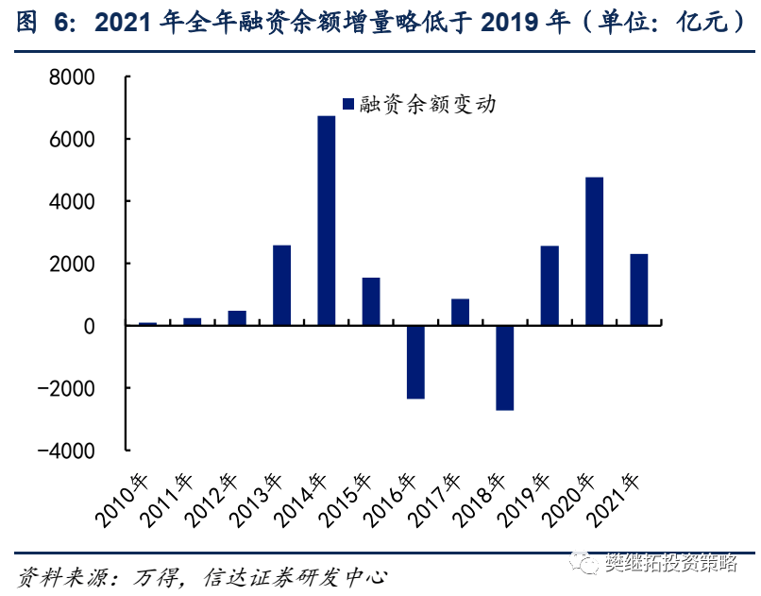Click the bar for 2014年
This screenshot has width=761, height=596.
click(x=326, y=220)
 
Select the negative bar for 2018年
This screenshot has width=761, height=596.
click(x=505, y=367)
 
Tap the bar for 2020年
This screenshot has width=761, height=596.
click(x=595, y=251)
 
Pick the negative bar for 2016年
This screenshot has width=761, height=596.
click(x=415, y=362)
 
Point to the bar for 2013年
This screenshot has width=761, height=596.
click(x=282, y=285)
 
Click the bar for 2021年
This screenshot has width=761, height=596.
click(x=639, y=290)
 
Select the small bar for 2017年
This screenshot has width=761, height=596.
click(x=460, y=312)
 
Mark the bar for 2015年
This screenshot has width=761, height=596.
click(x=371, y=301)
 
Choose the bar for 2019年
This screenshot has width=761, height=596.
click(x=550, y=285)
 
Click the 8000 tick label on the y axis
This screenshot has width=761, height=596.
click(x=72, y=77)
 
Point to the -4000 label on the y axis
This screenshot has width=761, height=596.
click(x=66, y=451)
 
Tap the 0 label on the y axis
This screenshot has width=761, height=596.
click(x=90, y=327)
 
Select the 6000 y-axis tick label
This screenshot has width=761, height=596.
click(x=72, y=140)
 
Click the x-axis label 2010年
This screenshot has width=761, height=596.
click(x=124, y=501)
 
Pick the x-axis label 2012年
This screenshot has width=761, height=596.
click(x=212, y=501)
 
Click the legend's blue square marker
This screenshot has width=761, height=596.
click(x=348, y=104)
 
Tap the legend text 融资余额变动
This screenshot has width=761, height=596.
click(x=428, y=104)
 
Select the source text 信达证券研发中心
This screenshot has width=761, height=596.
click(x=296, y=577)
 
